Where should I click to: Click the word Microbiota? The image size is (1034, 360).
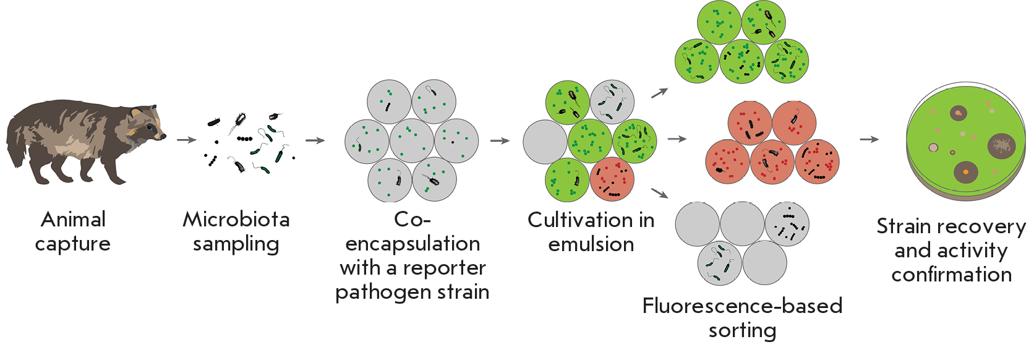[x=236, y=220]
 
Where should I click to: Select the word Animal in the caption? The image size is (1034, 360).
[x=73, y=220]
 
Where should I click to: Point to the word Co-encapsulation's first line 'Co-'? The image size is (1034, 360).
[x=412, y=220]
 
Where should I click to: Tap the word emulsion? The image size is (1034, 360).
[x=591, y=244]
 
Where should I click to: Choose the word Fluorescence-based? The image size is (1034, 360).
[x=742, y=306]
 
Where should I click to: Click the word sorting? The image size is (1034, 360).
[x=742, y=330]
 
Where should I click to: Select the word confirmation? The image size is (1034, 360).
[x=951, y=275]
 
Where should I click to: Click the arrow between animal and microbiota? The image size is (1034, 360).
[x=186, y=140]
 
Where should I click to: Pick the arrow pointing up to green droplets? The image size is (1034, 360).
[x=660, y=93]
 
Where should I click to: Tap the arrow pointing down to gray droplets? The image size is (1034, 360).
[x=660, y=193]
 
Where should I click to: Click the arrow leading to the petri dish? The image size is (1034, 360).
[x=869, y=139]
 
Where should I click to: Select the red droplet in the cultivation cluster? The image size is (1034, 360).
[x=612, y=179]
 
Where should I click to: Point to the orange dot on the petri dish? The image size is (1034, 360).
[x=965, y=171]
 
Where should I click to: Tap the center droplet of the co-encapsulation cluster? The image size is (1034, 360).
[x=412, y=140]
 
